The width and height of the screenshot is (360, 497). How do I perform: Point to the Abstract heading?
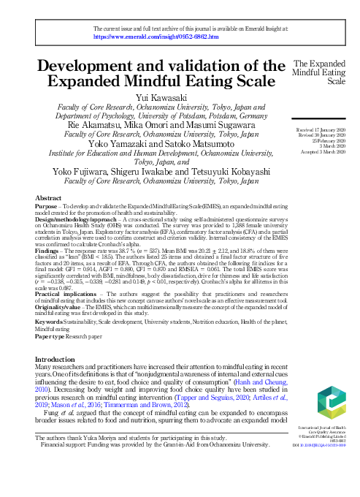click(49, 198)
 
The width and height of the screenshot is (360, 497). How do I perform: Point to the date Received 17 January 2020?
click(320, 129)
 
